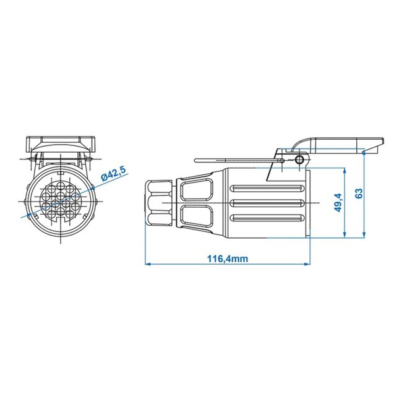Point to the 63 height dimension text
pyautogui.click(x=360, y=194)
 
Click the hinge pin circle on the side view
pyautogui.click(x=299, y=160)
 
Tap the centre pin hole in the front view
pyautogui.click(x=61, y=202)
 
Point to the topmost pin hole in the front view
pyautogui.click(x=61, y=184)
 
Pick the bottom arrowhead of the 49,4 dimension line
pyautogui.click(x=344, y=235)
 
